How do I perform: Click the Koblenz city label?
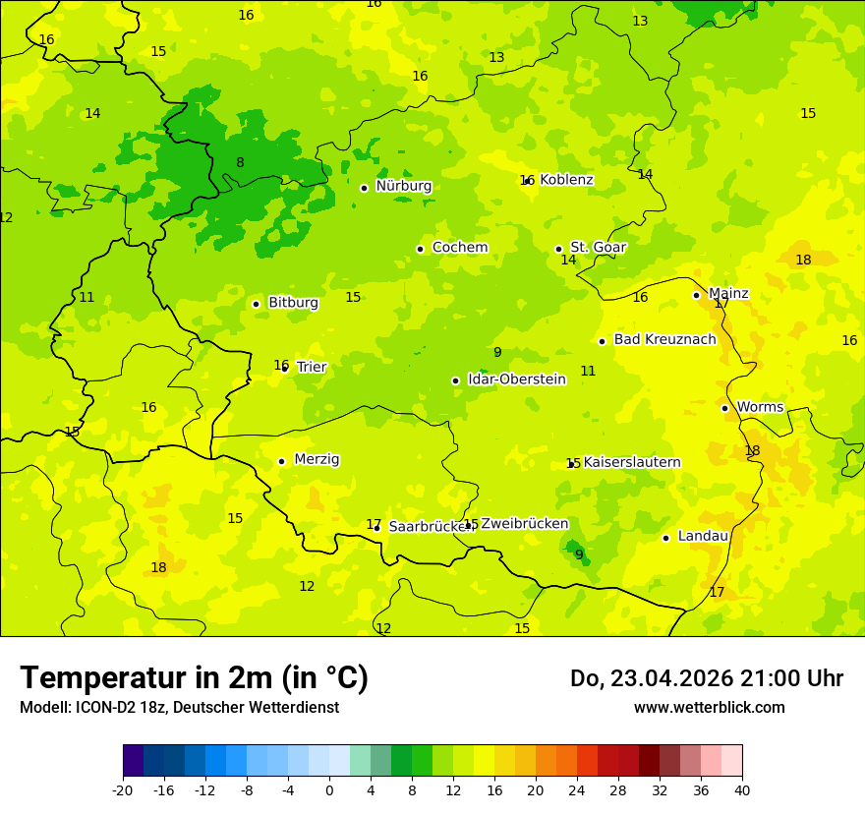[x=566, y=180]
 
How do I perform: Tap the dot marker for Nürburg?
[x=364, y=188]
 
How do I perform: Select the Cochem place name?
[x=460, y=248]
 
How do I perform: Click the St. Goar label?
[x=598, y=248]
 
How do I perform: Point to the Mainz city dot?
[x=696, y=295]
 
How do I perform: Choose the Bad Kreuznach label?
[x=664, y=340]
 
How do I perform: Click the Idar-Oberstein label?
[x=516, y=379]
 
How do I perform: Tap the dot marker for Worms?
[x=724, y=408]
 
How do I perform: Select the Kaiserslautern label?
[x=632, y=463]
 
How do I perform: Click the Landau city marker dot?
[x=665, y=538]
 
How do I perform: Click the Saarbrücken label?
[x=431, y=527]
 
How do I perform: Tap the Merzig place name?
[x=317, y=460]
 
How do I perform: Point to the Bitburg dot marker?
[x=256, y=304]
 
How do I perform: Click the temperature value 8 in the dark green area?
[x=240, y=163]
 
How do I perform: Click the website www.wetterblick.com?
[x=709, y=708]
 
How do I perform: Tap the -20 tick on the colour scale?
[x=123, y=789]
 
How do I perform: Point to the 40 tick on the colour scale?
[x=742, y=789]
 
